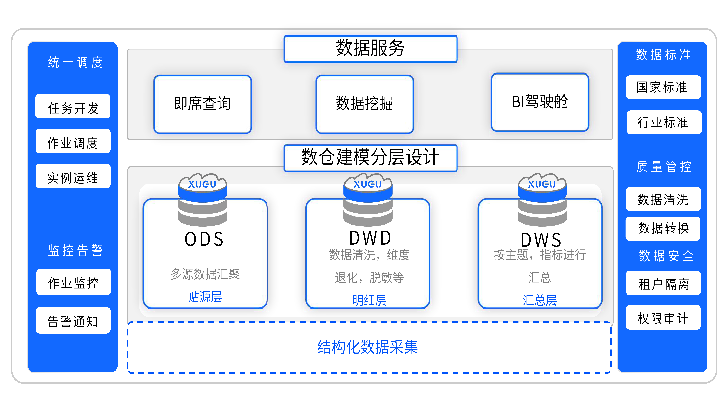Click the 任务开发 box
point(73,106)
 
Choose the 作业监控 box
point(74,282)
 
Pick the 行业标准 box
point(664,122)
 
